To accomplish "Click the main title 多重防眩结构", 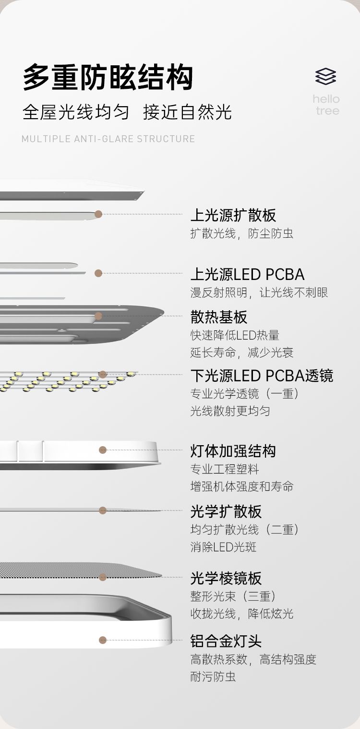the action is [x=108, y=77].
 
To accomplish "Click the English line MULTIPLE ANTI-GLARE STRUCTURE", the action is [x=108, y=139].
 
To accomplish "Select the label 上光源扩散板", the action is [x=233, y=215].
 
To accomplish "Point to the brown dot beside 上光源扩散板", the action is [x=98, y=214].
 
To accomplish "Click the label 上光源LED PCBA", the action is [x=247, y=274].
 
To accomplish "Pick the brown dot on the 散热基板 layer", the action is [x=98, y=316].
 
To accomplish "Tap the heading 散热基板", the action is [x=219, y=317].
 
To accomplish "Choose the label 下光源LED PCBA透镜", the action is [x=262, y=376].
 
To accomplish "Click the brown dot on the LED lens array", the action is [x=102, y=375].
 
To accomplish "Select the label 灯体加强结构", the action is [x=233, y=451].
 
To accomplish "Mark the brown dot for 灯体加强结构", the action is [x=102, y=450].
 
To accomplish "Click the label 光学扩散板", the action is [x=226, y=511].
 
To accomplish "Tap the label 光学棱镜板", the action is [x=226, y=578].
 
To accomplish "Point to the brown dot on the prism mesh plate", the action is [x=102, y=577].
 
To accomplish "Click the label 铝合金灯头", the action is [x=226, y=641].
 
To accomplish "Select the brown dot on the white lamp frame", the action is [x=102, y=640].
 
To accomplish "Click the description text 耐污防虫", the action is [x=213, y=677].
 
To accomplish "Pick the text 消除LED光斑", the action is [x=224, y=547].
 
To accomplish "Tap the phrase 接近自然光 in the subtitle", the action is [x=188, y=112].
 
